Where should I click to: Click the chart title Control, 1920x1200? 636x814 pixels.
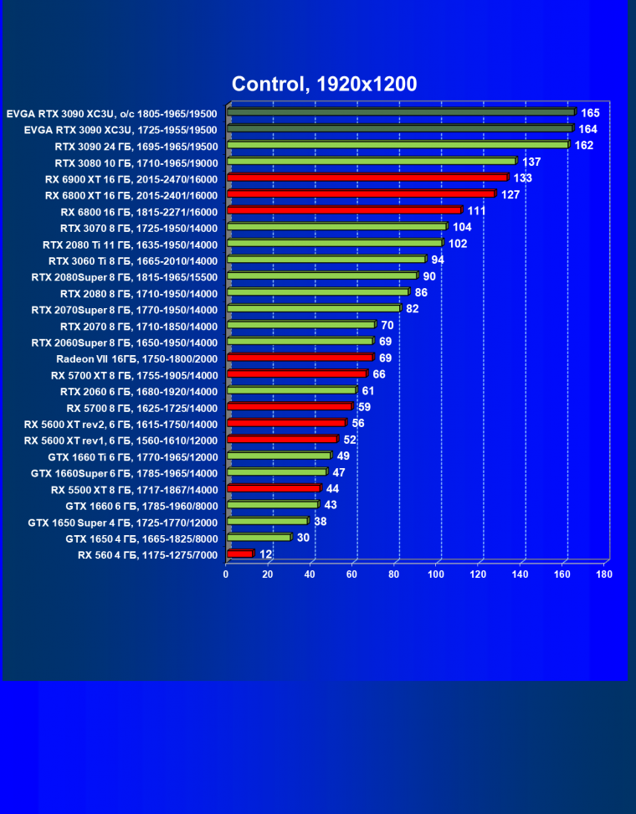pyautogui.click(x=324, y=84)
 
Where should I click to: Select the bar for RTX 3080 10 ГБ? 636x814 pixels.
pyautogui.click(x=372, y=161)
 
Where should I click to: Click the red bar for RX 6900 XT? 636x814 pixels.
pyautogui.click(x=367, y=178)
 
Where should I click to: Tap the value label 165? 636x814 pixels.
pyautogui.click(x=591, y=112)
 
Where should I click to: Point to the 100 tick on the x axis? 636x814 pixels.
pyautogui.click(x=436, y=574)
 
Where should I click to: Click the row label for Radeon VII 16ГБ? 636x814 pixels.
pyautogui.click(x=136, y=358)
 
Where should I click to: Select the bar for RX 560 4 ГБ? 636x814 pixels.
pyautogui.click(x=239, y=554)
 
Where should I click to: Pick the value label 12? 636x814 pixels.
pyautogui.click(x=265, y=554)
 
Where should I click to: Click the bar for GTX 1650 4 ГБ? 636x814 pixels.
pyautogui.click(x=258, y=538)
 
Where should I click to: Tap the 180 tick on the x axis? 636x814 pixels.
pyautogui.click(x=604, y=574)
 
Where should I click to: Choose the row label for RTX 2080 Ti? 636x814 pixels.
pyautogui.click(x=130, y=245)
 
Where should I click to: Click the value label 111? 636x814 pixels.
pyautogui.click(x=477, y=211)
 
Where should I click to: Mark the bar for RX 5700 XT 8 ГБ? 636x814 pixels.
pyautogui.click(x=296, y=374)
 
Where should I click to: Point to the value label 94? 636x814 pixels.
pyautogui.click(x=438, y=260)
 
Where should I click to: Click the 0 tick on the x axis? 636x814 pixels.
pyautogui.click(x=226, y=574)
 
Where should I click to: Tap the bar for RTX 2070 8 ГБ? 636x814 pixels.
pyautogui.click(x=301, y=325)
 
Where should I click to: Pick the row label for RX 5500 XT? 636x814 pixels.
pyautogui.click(x=134, y=489)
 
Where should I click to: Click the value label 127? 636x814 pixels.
pyautogui.click(x=510, y=194)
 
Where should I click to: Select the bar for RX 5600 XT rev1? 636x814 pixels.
pyautogui.click(x=281, y=440)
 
